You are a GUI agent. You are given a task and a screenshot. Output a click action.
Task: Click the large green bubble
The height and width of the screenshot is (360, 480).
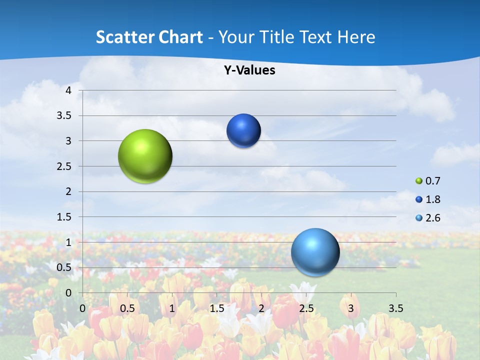(x=145, y=156)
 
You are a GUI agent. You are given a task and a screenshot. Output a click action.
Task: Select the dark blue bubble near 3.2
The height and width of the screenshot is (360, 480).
(x=243, y=131)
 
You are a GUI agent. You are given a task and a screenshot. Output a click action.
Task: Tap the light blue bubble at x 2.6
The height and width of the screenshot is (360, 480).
(x=315, y=252)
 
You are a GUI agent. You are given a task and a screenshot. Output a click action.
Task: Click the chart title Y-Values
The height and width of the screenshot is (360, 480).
(x=249, y=70)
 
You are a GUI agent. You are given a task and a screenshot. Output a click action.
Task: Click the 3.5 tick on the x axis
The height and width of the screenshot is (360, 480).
(x=396, y=308)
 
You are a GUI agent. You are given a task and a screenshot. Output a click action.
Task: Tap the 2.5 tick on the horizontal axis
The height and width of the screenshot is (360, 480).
(x=306, y=308)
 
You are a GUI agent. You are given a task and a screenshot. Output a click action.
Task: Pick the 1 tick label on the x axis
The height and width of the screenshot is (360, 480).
(x=172, y=308)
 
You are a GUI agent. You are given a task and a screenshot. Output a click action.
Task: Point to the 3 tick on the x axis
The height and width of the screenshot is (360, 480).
(x=351, y=308)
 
